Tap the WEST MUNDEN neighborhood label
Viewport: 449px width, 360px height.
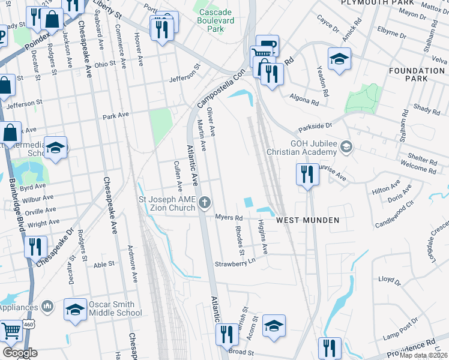[307, 220]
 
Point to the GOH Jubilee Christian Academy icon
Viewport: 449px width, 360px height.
[346, 146]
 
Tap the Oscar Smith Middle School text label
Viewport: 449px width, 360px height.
[115, 308]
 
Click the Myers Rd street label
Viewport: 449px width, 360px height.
[229, 217]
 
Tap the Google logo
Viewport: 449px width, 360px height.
[20, 353]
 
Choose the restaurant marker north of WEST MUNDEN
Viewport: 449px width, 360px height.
[307, 175]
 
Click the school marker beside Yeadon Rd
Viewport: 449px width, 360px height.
[339, 59]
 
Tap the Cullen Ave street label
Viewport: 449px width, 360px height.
[178, 175]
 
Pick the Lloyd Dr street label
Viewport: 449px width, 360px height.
[389, 280]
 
